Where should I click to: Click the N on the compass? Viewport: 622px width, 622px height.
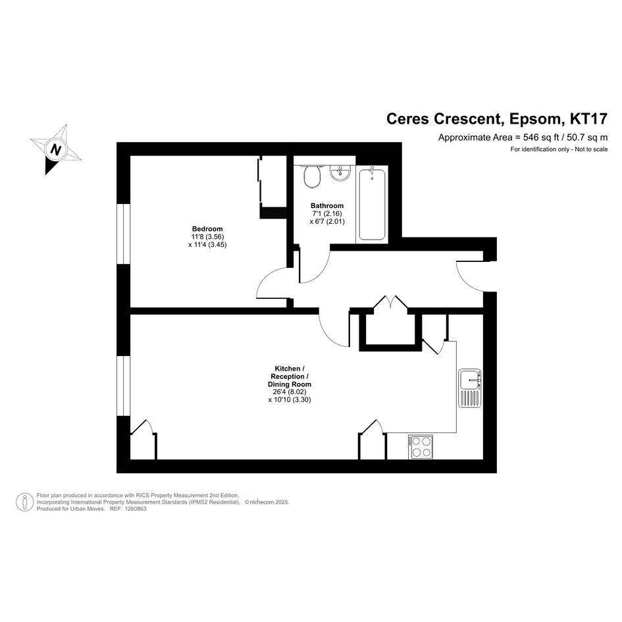point(56,150)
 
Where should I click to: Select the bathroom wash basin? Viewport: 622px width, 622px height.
point(340,173)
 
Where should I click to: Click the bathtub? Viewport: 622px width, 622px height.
point(372,204)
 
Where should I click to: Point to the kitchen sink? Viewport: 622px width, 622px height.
point(470,388)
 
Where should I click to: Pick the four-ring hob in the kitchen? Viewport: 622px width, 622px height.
point(421,447)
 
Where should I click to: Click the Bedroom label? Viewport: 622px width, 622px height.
point(207,229)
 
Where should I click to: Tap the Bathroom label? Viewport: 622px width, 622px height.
point(327,205)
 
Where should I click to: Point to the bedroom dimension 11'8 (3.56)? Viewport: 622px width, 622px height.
point(207,237)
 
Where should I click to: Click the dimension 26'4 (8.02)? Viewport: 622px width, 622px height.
point(290,392)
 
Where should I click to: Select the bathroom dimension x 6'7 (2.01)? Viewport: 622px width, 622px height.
point(327,221)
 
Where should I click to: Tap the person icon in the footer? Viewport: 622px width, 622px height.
point(24,502)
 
